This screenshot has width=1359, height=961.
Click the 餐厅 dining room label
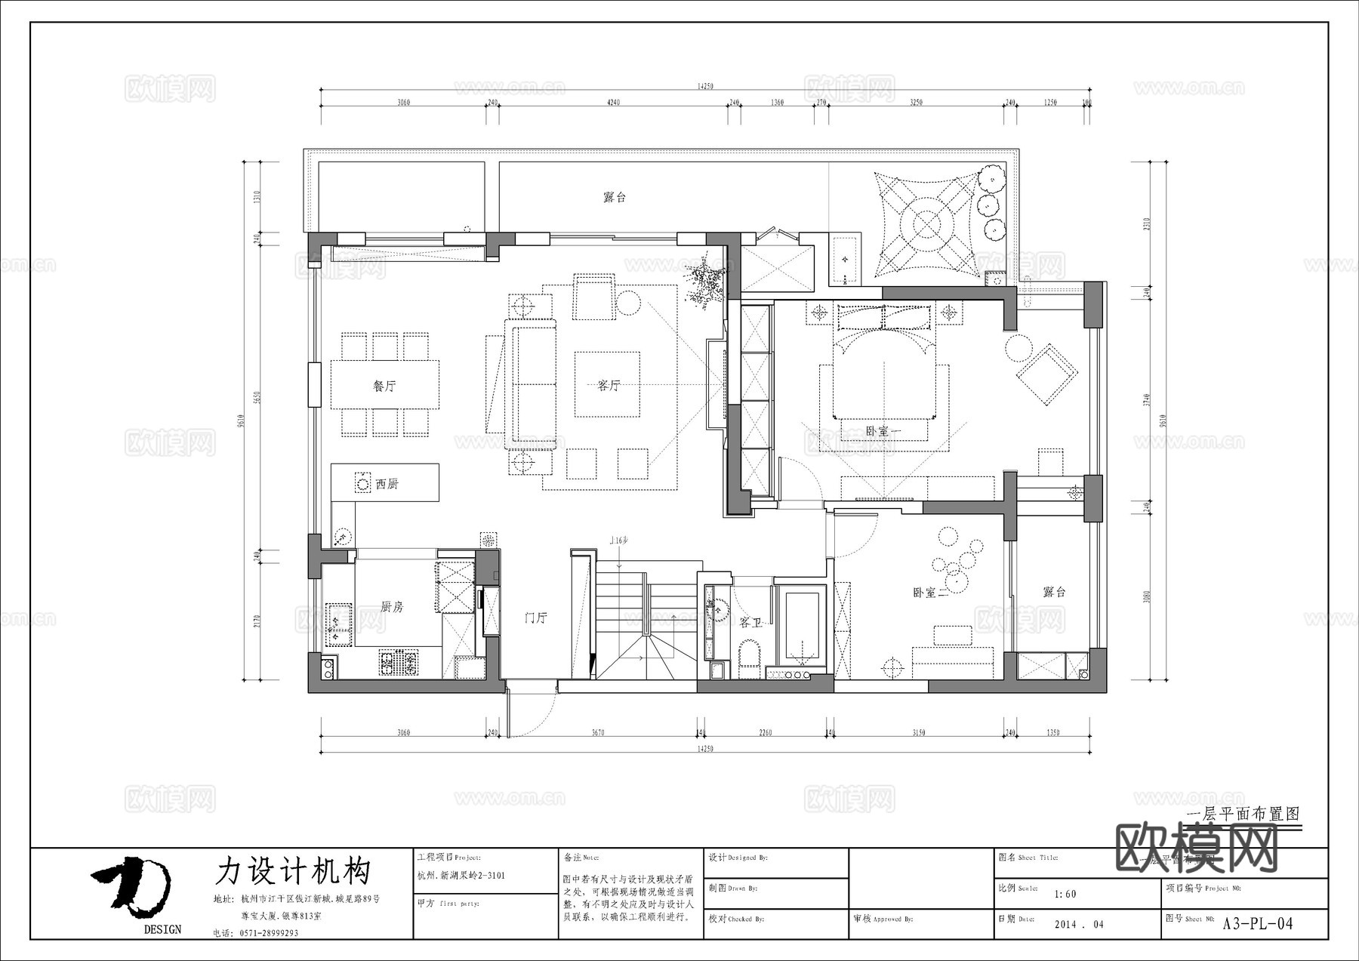(x=384, y=386)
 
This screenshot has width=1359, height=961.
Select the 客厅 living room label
(x=609, y=386)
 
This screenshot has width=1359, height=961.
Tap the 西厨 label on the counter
(x=387, y=484)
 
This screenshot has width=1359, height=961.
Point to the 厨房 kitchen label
(x=392, y=606)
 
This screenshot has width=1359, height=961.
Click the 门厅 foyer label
(x=535, y=618)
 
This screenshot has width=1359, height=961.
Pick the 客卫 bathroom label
(x=750, y=622)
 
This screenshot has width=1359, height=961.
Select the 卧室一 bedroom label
(x=884, y=431)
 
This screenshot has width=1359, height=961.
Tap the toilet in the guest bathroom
(x=749, y=655)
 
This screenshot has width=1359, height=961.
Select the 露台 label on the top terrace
(x=615, y=197)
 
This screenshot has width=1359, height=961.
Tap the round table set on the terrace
(x=926, y=224)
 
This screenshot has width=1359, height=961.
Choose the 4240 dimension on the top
(x=613, y=103)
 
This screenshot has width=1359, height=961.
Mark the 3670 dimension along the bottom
(x=598, y=732)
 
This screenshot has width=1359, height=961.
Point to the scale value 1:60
(x=1065, y=894)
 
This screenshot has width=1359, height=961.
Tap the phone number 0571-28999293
(x=270, y=933)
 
